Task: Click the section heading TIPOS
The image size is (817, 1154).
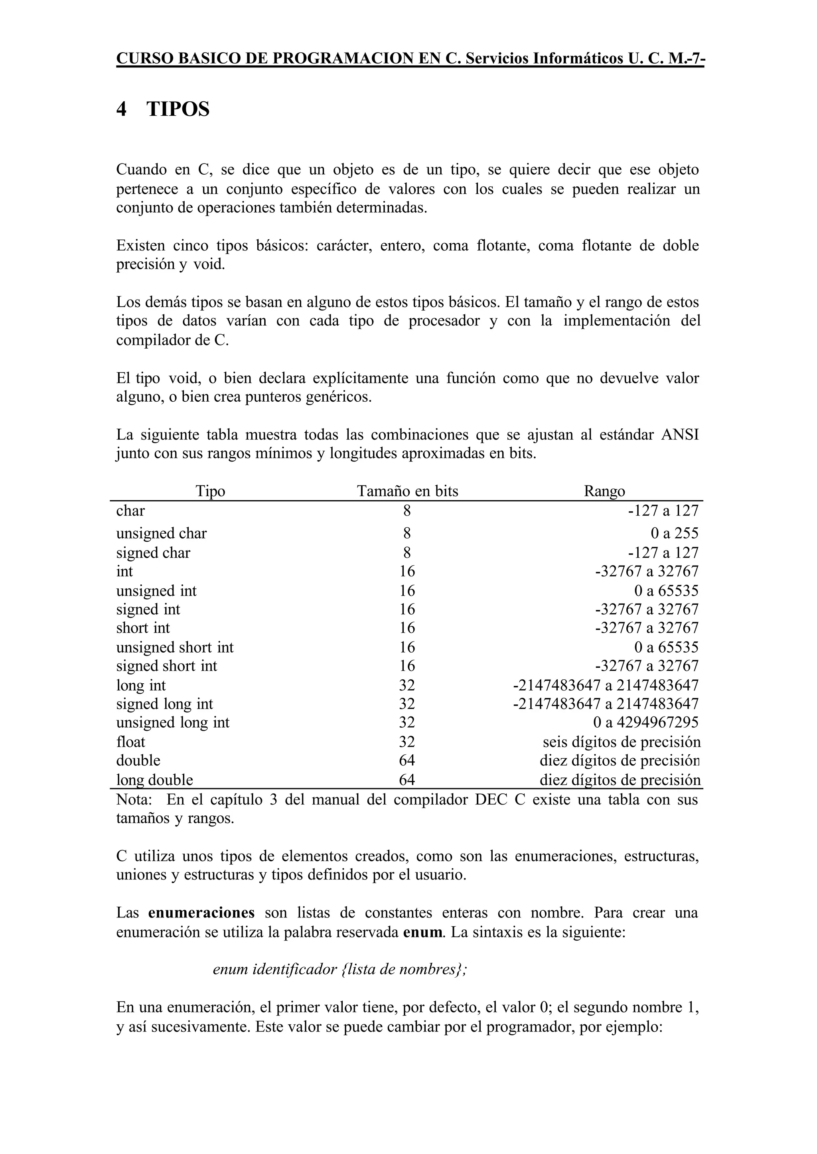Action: pos(178,109)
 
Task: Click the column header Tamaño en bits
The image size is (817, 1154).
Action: pos(407,491)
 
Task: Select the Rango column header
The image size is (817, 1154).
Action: pos(604,491)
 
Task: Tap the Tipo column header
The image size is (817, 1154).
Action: pos(210,491)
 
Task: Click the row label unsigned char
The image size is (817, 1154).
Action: pos(161,533)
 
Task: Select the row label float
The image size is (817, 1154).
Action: pos(130,742)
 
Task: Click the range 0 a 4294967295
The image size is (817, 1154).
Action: pos(646,722)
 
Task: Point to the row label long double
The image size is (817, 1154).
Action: pos(154,780)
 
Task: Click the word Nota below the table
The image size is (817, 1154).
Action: pos(133,799)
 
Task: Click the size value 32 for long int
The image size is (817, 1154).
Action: pos(407,685)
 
